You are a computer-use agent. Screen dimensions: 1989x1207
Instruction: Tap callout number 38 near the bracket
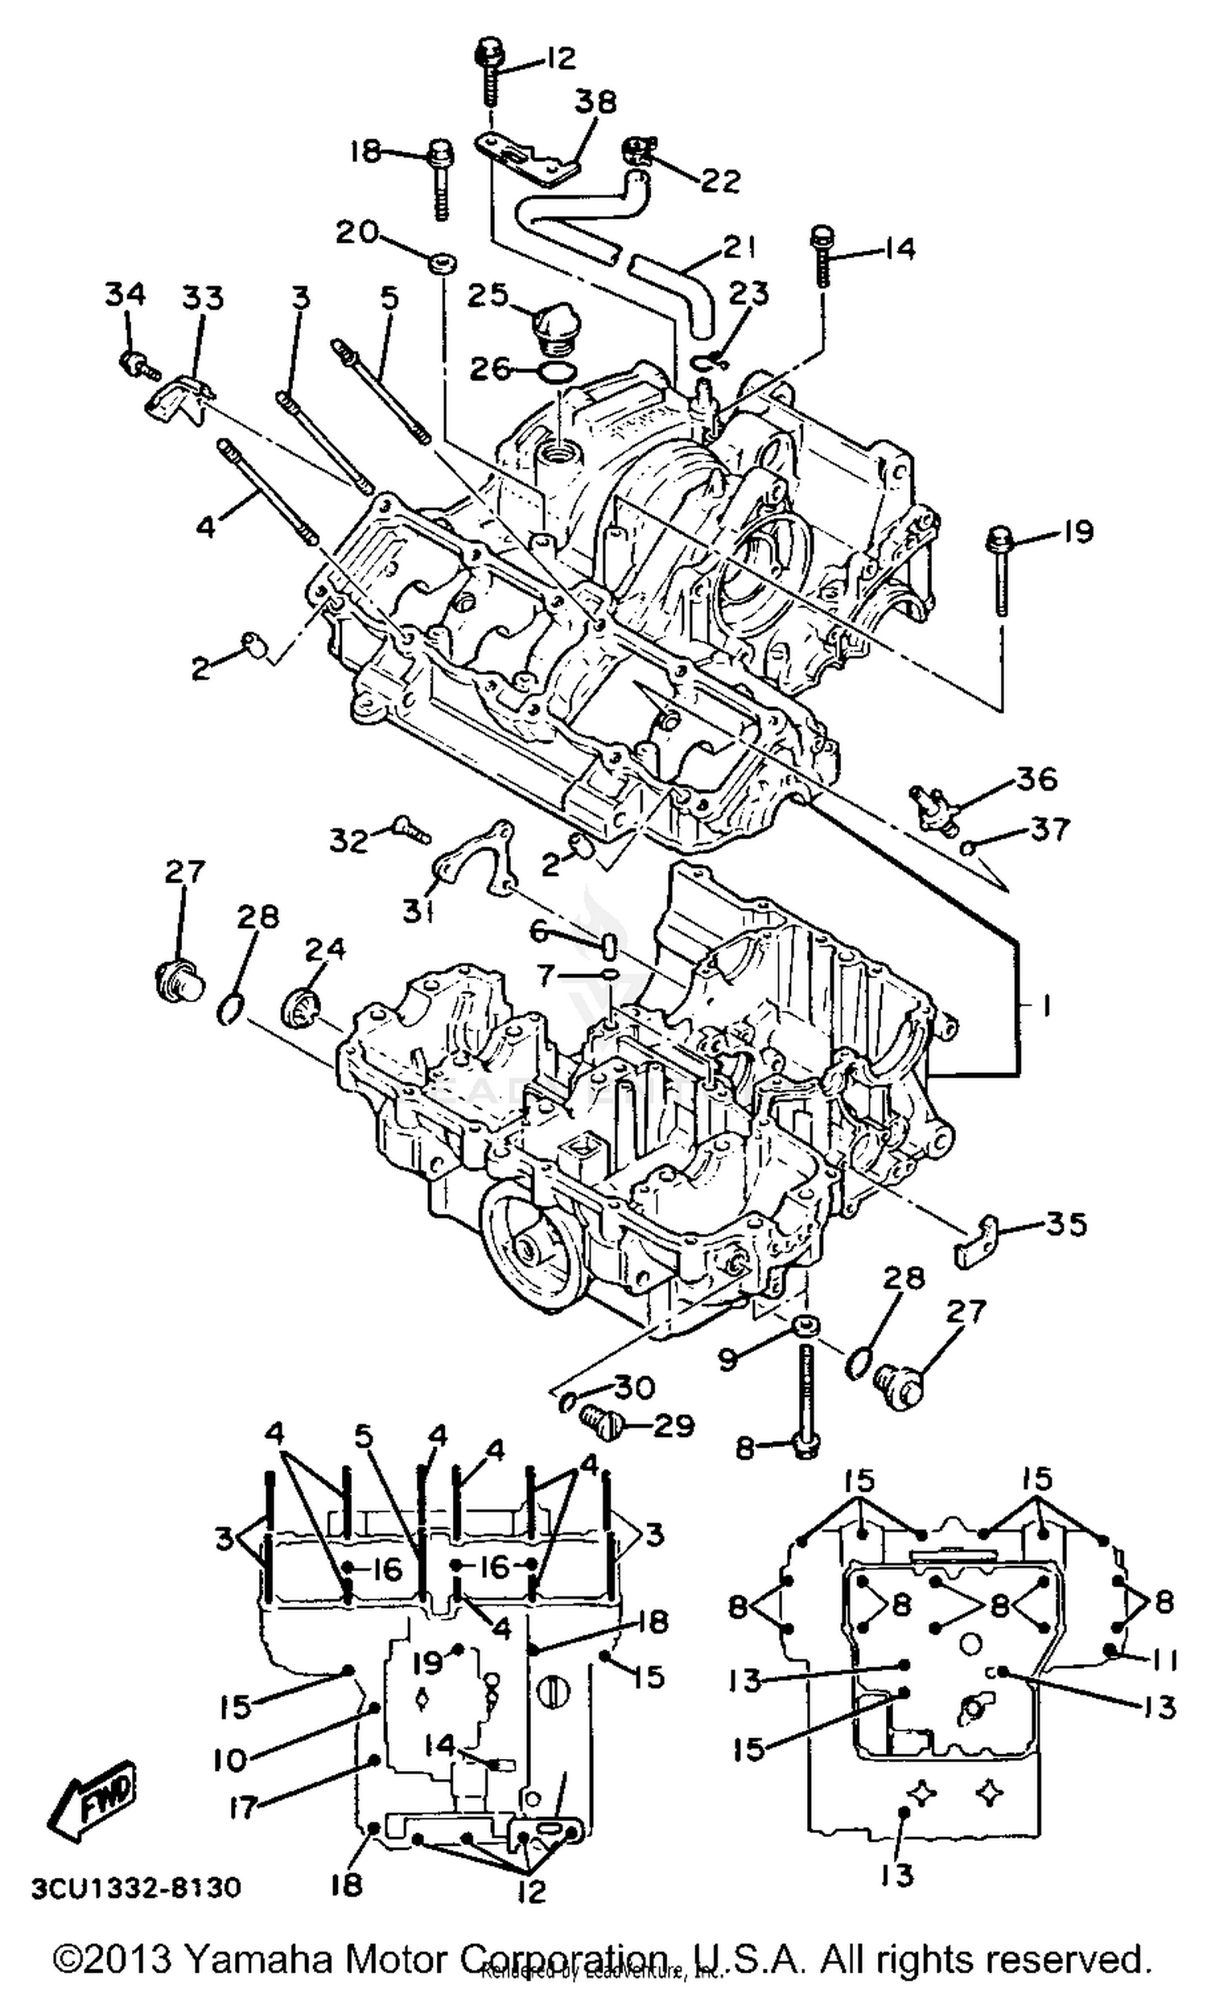coord(595,101)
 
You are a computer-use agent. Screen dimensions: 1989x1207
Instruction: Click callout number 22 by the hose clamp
coord(720,181)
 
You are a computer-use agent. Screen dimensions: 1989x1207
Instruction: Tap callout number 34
coord(126,294)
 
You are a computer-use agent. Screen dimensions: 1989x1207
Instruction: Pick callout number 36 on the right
coord(1036,780)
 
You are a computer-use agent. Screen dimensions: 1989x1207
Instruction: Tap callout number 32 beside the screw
coord(348,840)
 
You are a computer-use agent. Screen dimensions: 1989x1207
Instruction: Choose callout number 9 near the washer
coord(727,1360)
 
